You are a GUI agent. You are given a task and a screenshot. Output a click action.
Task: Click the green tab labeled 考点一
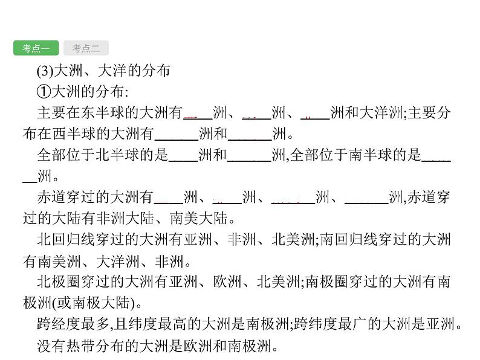point(36,48)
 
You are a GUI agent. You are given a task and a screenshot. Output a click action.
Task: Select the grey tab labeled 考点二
point(85,48)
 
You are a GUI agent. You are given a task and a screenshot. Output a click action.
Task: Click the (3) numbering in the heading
point(46,71)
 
